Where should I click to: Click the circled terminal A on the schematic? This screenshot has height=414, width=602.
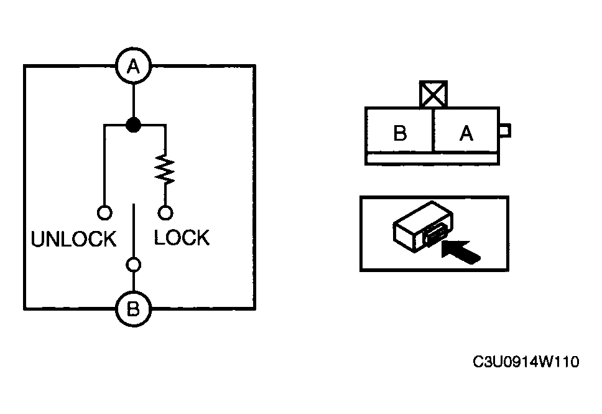coord(134,66)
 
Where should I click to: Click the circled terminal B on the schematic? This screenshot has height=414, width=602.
coord(134,309)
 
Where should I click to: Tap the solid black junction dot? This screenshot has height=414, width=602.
coord(134,125)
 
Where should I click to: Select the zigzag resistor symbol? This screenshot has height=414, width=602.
coord(165,169)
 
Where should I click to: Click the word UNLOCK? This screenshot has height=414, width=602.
coord(74,239)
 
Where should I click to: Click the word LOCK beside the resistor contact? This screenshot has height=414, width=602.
coord(182,237)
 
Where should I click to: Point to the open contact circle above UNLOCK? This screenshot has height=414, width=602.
coord(104,212)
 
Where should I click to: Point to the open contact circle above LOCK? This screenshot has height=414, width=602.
coord(165,212)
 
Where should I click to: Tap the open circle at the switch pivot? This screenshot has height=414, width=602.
coord(134,265)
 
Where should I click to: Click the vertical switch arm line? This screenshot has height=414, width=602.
coord(134,230)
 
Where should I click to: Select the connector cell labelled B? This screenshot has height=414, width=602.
coord(400,131)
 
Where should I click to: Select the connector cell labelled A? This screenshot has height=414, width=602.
coord(466,131)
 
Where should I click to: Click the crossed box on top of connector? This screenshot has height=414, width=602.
coord(433,93)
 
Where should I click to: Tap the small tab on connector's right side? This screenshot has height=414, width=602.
coord(505,131)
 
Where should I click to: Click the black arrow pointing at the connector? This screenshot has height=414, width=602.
coord(461,252)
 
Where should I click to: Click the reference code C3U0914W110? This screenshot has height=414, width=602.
coord(526,362)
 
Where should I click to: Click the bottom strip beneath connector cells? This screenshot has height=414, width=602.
coord(432,158)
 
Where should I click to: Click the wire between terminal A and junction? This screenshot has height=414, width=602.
coord(134,101)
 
